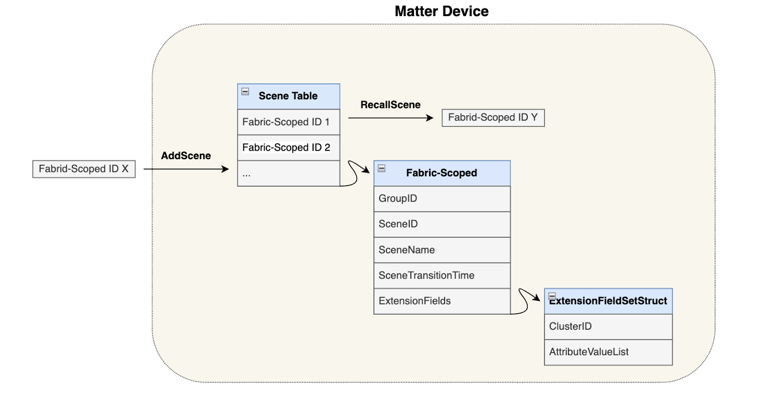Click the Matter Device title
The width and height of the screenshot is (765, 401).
click(441, 11)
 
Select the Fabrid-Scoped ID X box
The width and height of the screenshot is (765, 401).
click(84, 169)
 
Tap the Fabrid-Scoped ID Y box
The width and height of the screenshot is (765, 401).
click(493, 118)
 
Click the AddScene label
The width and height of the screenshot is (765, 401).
click(186, 156)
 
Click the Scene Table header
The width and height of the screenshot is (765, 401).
click(288, 97)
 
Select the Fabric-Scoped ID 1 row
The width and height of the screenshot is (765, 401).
click(288, 122)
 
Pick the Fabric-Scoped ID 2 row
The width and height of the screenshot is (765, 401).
click(288, 148)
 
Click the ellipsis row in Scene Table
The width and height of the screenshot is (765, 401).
click(288, 173)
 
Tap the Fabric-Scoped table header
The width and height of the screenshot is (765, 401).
click(442, 173)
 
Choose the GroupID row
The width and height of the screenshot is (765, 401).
click(442, 199)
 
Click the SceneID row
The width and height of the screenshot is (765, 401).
click(442, 224)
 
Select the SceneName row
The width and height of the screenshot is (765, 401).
click(442, 250)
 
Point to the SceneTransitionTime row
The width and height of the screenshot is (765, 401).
click(442, 275)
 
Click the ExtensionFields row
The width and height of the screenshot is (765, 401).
click(442, 301)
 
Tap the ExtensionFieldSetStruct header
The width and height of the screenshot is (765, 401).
click(608, 301)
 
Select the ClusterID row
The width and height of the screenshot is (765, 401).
click(608, 326)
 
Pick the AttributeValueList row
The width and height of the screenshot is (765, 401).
click(608, 352)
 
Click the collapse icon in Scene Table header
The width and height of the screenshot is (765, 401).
click(245, 91)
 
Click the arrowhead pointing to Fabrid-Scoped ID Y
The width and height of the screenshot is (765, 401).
click(430, 118)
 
